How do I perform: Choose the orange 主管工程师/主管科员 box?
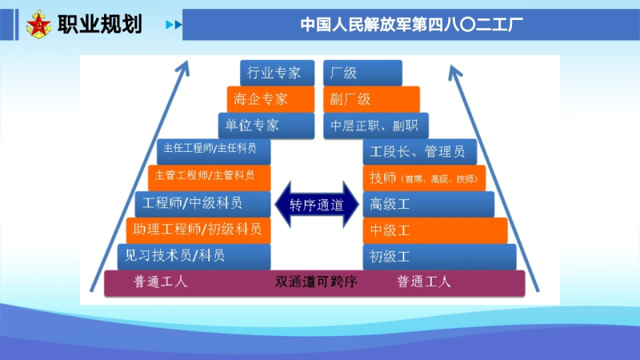pyautogui.click(x=210, y=176)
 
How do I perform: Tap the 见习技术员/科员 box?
pyautogui.click(x=194, y=256)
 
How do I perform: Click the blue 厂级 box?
pyautogui.click(x=362, y=74)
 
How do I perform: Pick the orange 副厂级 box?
pyautogui.click(x=371, y=99)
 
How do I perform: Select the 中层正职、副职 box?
pyautogui.click(x=377, y=126)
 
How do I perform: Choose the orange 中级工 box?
pyautogui.click(x=435, y=230)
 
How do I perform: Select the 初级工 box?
pyautogui.click(x=439, y=256)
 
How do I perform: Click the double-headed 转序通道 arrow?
pyautogui.click(x=317, y=204)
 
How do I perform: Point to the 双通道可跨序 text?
pyautogui.click(x=316, y=282)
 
